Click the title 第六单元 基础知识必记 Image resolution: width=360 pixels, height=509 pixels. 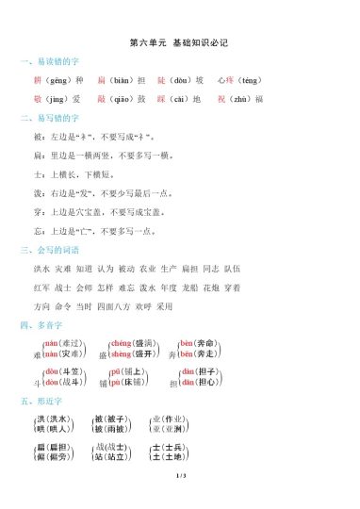(179, 42)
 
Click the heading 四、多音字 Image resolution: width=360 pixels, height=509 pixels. (42, 325)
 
